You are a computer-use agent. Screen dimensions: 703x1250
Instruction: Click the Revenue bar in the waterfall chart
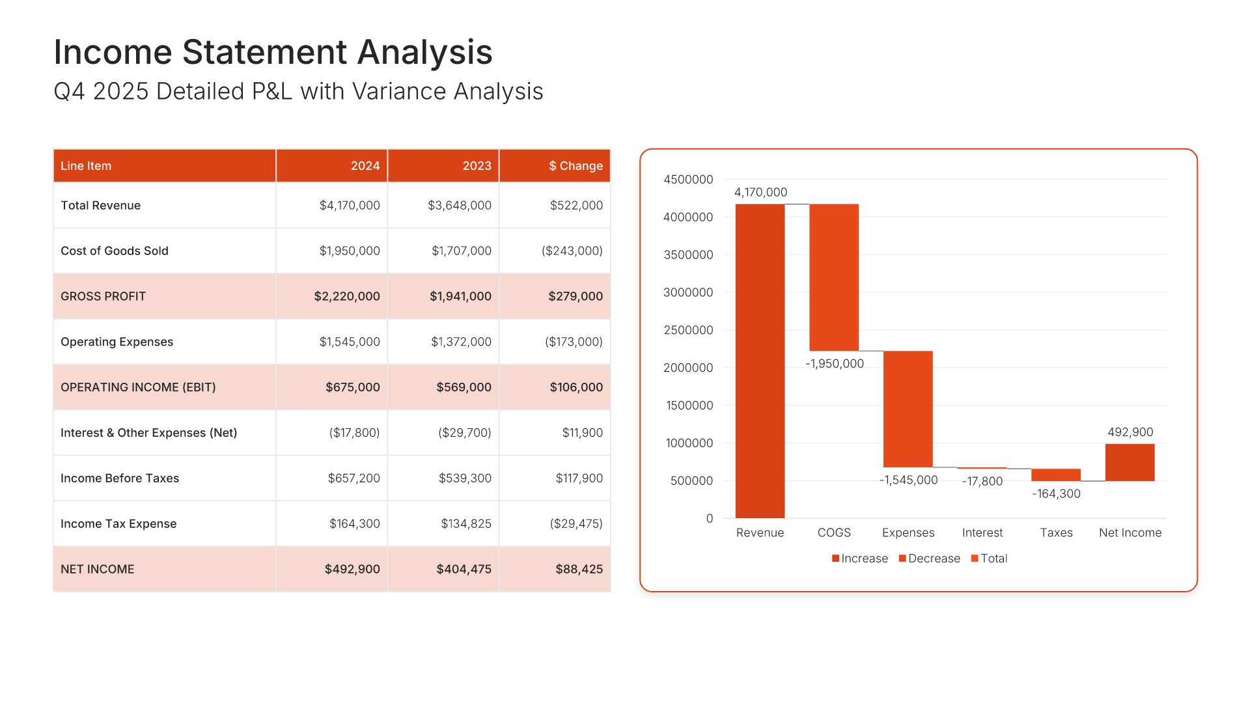click(760, 361)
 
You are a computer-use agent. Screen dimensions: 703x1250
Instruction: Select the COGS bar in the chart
click(834, 277)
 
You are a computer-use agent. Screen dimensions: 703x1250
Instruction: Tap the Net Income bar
click(1130, 462)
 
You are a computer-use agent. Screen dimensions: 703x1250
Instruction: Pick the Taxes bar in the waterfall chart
click(1055, 475)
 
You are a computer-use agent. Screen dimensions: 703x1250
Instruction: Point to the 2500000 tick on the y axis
click(688, 330)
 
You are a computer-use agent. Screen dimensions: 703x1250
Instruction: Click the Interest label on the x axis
click(982, 532)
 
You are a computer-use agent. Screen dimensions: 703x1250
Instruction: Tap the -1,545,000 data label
click(908, 480)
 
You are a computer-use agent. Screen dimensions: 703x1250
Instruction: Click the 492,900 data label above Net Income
click(1130, 432)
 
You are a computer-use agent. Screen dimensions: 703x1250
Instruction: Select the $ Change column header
click(576, 166)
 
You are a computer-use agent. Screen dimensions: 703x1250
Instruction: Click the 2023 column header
click(477, 166)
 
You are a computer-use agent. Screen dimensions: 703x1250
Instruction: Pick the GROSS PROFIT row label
click(103, 296)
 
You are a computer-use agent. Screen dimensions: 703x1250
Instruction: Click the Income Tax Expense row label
click(118, 524)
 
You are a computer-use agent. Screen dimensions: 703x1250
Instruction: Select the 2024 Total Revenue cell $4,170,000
click(350, 206)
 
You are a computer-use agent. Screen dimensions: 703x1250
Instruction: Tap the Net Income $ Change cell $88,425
click(579, 570)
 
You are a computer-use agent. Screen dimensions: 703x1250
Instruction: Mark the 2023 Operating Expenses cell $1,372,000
click(461, 342)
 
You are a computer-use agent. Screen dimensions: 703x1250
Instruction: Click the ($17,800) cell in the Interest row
click(354, 433)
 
